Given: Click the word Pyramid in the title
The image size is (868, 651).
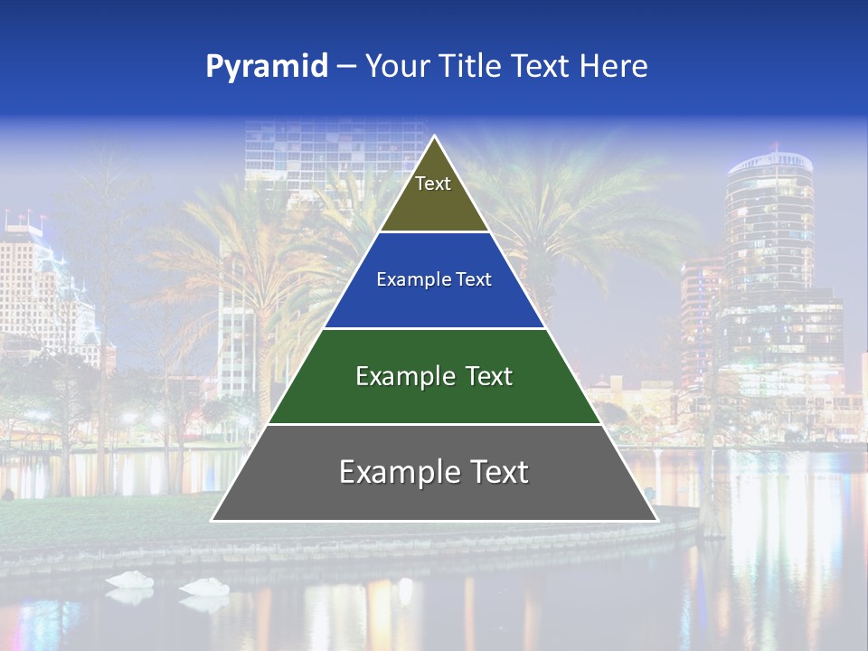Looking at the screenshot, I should coord(266,67).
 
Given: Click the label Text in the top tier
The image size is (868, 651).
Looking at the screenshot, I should coord(433,184).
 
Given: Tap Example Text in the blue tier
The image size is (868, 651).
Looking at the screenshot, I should coord(434,280).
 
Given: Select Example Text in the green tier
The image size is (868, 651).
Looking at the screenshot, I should coord(434,376).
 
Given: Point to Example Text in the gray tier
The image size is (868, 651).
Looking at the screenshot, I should coord(434,472).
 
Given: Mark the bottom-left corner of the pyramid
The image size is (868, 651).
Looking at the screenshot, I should coord(212,520).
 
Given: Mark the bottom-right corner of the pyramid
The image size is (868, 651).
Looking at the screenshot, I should coord(656,520).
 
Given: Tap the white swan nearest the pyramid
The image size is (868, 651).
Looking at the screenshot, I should coord(204,587).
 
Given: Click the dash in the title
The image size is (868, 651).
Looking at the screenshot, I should coord(346,67).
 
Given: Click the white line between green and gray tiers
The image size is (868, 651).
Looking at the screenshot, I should coord(434,424).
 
